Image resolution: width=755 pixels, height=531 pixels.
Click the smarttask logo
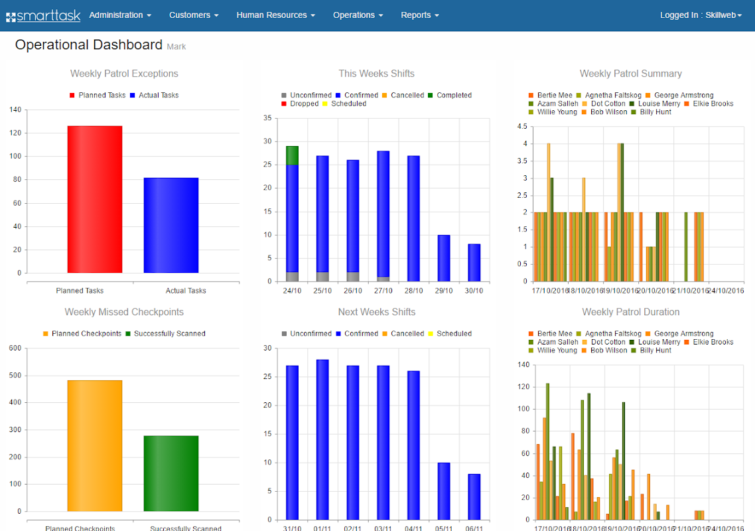click(43, 15)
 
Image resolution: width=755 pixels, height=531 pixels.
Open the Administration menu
click(120, 15)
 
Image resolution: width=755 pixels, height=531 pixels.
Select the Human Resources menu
click(275, 15)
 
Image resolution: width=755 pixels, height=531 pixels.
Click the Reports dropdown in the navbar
click(420, 15)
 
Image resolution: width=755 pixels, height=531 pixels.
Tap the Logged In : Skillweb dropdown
click(701, 15)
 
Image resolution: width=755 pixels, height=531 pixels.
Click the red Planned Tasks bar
click(95, 199)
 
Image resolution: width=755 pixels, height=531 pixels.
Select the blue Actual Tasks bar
click(171, 225)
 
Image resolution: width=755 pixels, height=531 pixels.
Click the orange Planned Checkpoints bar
click(95, 445)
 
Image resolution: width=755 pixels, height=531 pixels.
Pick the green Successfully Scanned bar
click(171, 473)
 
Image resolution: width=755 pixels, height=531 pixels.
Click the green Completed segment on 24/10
click(292, 155)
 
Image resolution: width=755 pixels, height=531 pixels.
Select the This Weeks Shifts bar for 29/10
click(444, 258)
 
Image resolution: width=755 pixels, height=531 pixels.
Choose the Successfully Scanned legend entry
click(169, 334)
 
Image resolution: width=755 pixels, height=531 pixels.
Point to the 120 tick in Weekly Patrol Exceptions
click(15, 133)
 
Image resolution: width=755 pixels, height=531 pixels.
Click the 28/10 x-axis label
click(413, 291)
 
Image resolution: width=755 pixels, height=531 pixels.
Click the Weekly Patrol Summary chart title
click(630, 74)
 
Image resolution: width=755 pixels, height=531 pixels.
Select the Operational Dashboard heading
click(89, 45)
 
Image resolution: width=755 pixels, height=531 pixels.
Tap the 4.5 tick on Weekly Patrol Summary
click(521, 127)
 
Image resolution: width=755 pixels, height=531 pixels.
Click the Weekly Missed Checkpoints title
click(124, 312)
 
